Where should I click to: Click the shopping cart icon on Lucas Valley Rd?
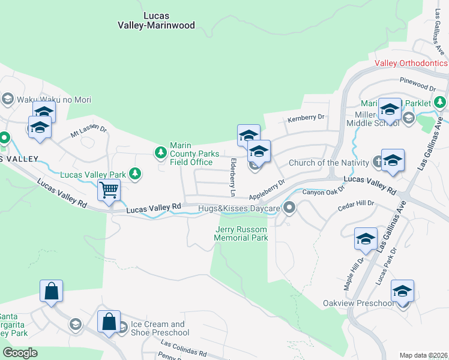pyautogui.click(x=109, y=191)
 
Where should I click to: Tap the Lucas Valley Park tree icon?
pyautogui.click(x=136, y=174)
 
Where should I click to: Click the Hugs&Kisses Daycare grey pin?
pyautogui.click(x=289, y=208)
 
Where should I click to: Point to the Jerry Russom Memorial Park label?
pyautogui.click(x=241, y=233)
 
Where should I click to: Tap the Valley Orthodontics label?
pyautogui.click(x=411, y=63)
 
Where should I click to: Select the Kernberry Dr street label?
pyautogui.click(x=306, y=117)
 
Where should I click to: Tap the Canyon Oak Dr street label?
pyautogui.click(x=323, y=191)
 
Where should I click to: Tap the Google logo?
pyautogui.click(x=19, y=353)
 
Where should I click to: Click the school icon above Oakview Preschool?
pyautogui.click(x=402, y=291)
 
